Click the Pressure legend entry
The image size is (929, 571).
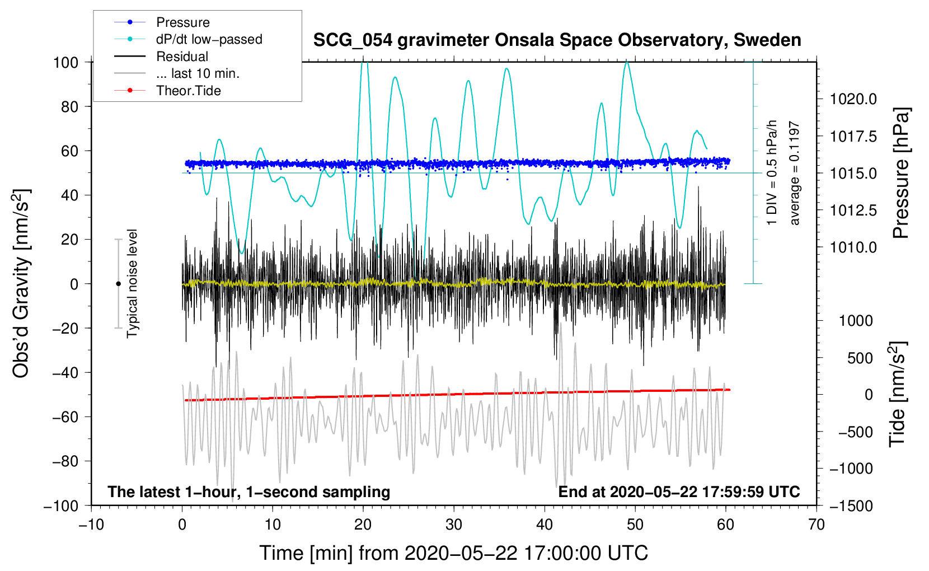click(x=162, y=22)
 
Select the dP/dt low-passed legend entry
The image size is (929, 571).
click(x=188, y=39)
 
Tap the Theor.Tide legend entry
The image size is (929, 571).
click(x=167, y=91)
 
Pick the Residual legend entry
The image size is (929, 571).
click(x=161, y=57)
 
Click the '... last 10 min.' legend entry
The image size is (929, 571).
click(x=177, y=73)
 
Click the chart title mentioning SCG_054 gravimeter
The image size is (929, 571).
click(x=557, y=40)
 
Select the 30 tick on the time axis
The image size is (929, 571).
click(x=454, y=525)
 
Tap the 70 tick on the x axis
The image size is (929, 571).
click(x=816, y=525)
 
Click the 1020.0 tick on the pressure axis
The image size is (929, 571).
click(x=853, y=99)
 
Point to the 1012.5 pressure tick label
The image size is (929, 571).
click(x=853, y=210)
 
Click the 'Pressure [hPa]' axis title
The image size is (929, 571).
click(x=901, y=173)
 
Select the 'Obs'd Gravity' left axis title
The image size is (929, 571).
click(x=20, y=283)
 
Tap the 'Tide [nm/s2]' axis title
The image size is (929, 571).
click(x=898, y=394)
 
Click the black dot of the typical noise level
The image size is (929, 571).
click(x=118, y=284)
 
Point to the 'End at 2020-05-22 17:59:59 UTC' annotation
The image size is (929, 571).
click(x=679, y=492)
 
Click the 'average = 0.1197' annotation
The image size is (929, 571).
click(x=794, y=173)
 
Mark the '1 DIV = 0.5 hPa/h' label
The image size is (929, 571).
click(x=771, y=173)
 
